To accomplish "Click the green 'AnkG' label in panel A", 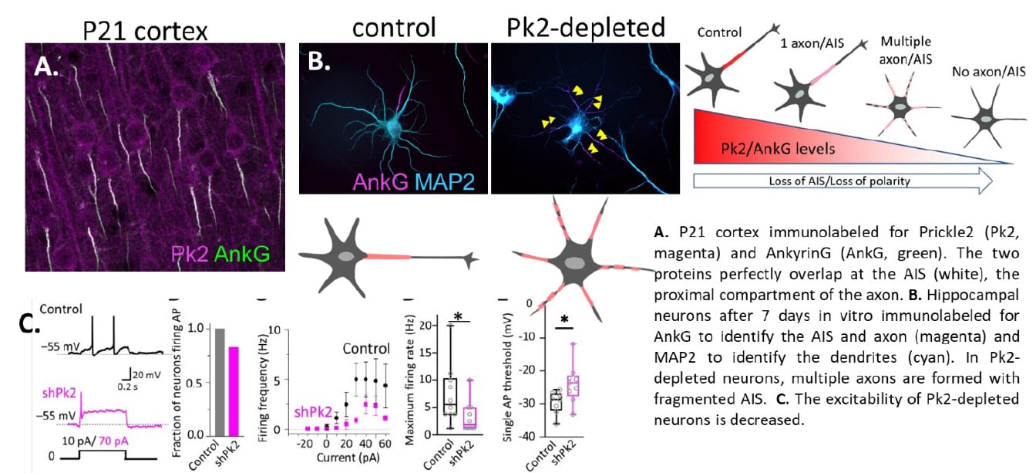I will [246, 253].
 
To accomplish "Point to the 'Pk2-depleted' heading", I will [586, 27].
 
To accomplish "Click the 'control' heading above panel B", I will [395, 27].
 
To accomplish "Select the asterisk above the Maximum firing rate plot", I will [459, 317].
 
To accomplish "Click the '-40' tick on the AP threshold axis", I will [527, 437].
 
